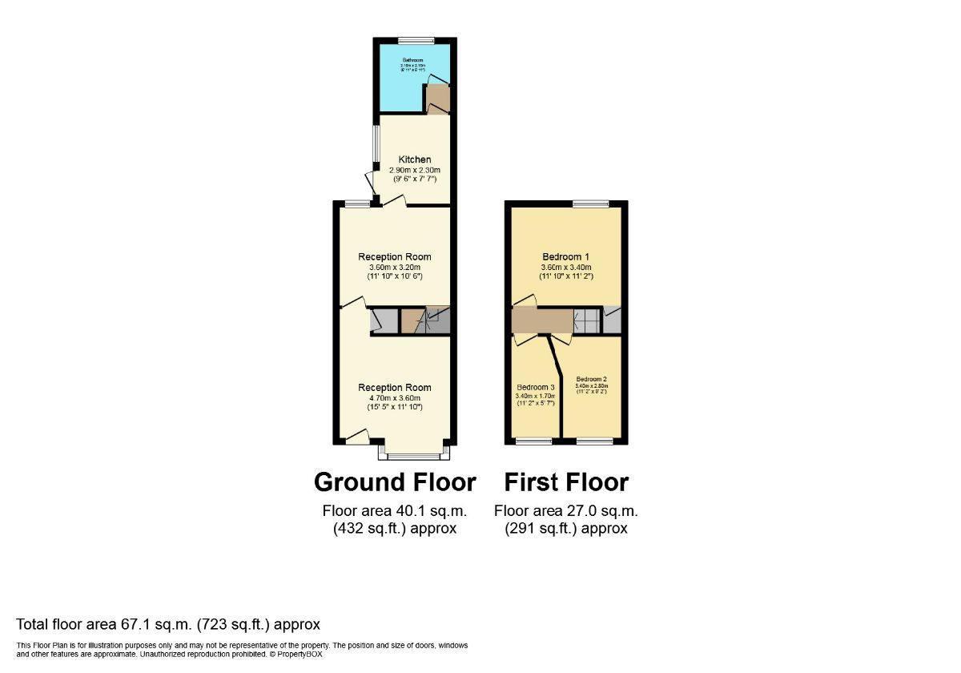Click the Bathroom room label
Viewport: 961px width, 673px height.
tap(413, 60)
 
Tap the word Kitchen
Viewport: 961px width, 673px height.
tap(415, 159)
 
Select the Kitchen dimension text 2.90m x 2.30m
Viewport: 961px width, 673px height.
tap(415, 170)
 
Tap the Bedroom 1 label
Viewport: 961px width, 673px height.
tap(565, 256)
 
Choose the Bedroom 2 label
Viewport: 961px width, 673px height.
tap(592, 379)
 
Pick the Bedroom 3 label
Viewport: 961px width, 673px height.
tap(536, 387)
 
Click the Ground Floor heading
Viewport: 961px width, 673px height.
tap(395, 482)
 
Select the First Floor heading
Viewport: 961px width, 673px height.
tap(566, 482)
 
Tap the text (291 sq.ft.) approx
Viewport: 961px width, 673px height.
tap(566, 528)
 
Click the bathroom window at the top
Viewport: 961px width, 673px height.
tap(416, 40)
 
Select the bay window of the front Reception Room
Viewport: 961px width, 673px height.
tap(414, 457)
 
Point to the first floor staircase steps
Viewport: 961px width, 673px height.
tap(587, 320)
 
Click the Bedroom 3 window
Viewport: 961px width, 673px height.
tap(533, 441)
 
